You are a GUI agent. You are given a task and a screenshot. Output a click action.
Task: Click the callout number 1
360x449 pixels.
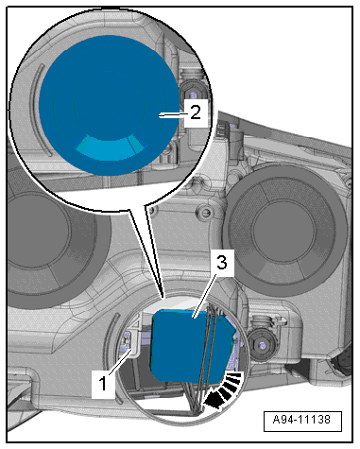(103, 384)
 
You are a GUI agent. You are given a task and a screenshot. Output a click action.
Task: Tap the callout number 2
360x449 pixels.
(196, 112)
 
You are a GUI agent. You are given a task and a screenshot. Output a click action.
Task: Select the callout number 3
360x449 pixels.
(222, 263)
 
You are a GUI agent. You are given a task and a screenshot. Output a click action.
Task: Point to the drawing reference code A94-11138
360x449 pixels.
(302, 420)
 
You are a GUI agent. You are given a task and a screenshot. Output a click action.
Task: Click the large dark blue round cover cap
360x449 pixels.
(108, 105)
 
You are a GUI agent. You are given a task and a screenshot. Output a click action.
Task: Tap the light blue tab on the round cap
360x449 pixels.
(111, 148)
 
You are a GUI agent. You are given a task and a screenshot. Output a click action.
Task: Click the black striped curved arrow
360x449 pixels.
(225, 390)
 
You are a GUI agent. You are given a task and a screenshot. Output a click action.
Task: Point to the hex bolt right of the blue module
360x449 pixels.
(262, 344)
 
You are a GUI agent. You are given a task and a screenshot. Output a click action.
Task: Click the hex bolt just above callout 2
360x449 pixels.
(192, 94)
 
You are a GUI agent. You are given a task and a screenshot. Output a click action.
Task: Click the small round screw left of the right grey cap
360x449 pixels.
(204, 211)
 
